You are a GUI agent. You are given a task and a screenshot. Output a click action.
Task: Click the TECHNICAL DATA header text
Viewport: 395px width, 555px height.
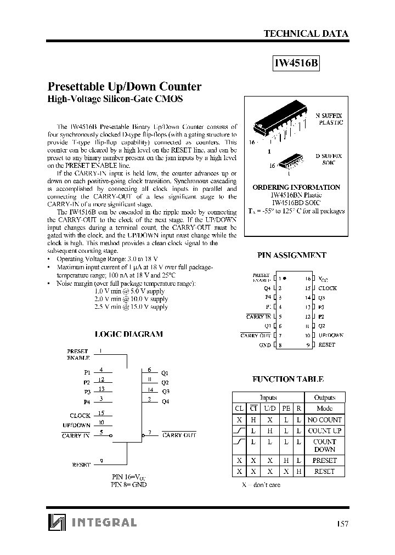point(306,33)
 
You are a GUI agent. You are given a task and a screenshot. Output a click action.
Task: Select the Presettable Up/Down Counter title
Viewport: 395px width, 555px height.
point(125,87)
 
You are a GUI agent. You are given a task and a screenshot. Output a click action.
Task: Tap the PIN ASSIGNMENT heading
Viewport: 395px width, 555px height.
point(292,255)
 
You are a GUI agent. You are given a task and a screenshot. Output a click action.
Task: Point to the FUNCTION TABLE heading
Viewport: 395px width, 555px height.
point(287,379)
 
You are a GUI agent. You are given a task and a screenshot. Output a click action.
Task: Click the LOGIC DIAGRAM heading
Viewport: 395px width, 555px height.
point(129,334)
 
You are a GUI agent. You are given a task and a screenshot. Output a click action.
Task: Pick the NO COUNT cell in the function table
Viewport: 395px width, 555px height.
point(324,420)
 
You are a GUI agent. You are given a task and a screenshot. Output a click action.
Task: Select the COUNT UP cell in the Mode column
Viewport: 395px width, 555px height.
point(324,431)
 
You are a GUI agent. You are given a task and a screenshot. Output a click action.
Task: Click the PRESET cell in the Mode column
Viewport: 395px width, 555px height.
point(324,461)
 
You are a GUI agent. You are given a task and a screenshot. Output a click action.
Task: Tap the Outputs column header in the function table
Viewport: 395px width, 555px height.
point(324,398)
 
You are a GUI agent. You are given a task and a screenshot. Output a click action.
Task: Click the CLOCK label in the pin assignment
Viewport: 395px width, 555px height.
point(328,288)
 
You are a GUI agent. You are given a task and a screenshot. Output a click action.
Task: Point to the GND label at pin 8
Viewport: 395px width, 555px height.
point(265,345)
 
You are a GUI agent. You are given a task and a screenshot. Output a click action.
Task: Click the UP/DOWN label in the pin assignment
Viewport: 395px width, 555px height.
point(331,335)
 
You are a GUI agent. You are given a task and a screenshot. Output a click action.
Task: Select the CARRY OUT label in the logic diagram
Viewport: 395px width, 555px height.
point(179,435)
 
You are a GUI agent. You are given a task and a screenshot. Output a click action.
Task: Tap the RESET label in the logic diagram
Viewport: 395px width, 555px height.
point(81,465)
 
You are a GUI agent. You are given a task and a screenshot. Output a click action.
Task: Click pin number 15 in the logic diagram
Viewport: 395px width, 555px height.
point(100,413)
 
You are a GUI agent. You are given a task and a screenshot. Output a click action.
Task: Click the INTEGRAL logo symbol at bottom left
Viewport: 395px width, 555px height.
point(56,523)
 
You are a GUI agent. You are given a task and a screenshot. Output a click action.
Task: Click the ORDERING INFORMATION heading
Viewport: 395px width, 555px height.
point(296,187)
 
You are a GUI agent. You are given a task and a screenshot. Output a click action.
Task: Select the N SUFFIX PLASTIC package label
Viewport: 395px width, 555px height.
point(329,119)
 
